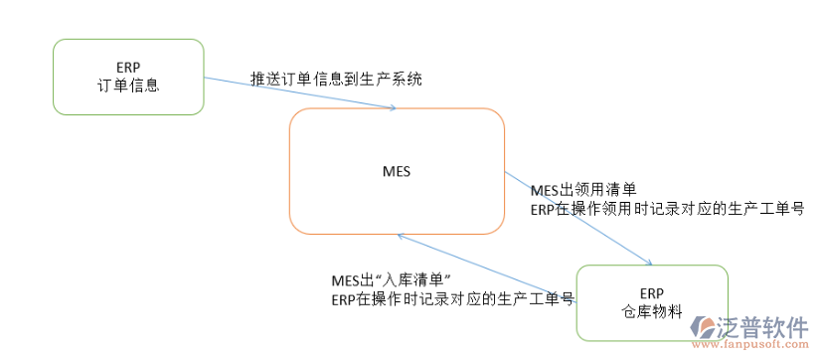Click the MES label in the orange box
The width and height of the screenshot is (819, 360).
tap(397, 171)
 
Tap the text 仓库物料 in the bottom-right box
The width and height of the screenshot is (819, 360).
tap(650, 310)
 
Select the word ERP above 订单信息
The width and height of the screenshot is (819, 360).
tap(128, 67)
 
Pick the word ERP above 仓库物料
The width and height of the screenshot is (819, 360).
tap(650, 292)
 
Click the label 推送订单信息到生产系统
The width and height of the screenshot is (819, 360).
tap(336, 79)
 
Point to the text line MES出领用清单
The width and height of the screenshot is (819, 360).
tap(582, 190)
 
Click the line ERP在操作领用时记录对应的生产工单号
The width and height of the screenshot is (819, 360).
tap(666, 209)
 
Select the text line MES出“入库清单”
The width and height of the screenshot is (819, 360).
tap(392, 279)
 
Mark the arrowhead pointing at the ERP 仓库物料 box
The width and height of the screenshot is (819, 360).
tap(648, 263)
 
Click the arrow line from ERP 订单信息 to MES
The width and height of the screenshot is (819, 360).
tap(298, 93)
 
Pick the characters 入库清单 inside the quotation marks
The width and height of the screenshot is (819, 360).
tap(413, 279)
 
